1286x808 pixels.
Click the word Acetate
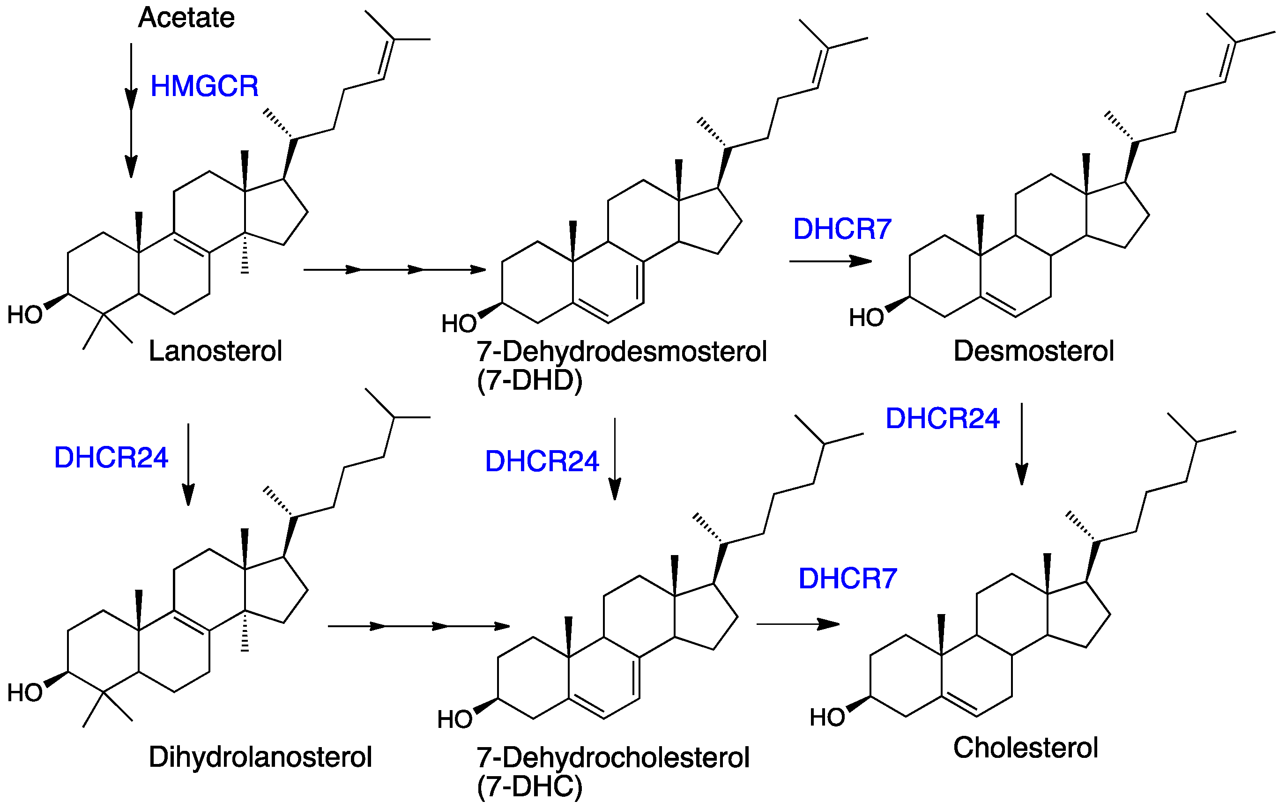point(186,18)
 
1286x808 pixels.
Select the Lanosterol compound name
point(215,351)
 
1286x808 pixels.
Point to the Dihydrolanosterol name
point(260,757)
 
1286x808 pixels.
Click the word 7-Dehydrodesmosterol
point(621,351)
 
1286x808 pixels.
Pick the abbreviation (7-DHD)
point(529,380)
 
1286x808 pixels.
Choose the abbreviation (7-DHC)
point(529,786)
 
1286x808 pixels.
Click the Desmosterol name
point(1033,351)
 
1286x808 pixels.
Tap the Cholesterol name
point(1026,747)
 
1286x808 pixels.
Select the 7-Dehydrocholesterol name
point(613,757)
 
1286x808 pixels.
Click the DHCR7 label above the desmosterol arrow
point(842,229)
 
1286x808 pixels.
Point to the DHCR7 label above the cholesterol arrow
point(847,578)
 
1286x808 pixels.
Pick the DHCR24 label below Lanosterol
point(111,458)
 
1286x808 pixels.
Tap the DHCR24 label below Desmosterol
point(942,418)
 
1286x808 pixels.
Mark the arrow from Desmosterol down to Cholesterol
point(1022,443)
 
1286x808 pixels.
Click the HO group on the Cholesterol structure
point(827,717)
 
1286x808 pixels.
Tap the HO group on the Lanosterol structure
point(24,315)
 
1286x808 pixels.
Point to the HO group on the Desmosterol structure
point(866,318)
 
